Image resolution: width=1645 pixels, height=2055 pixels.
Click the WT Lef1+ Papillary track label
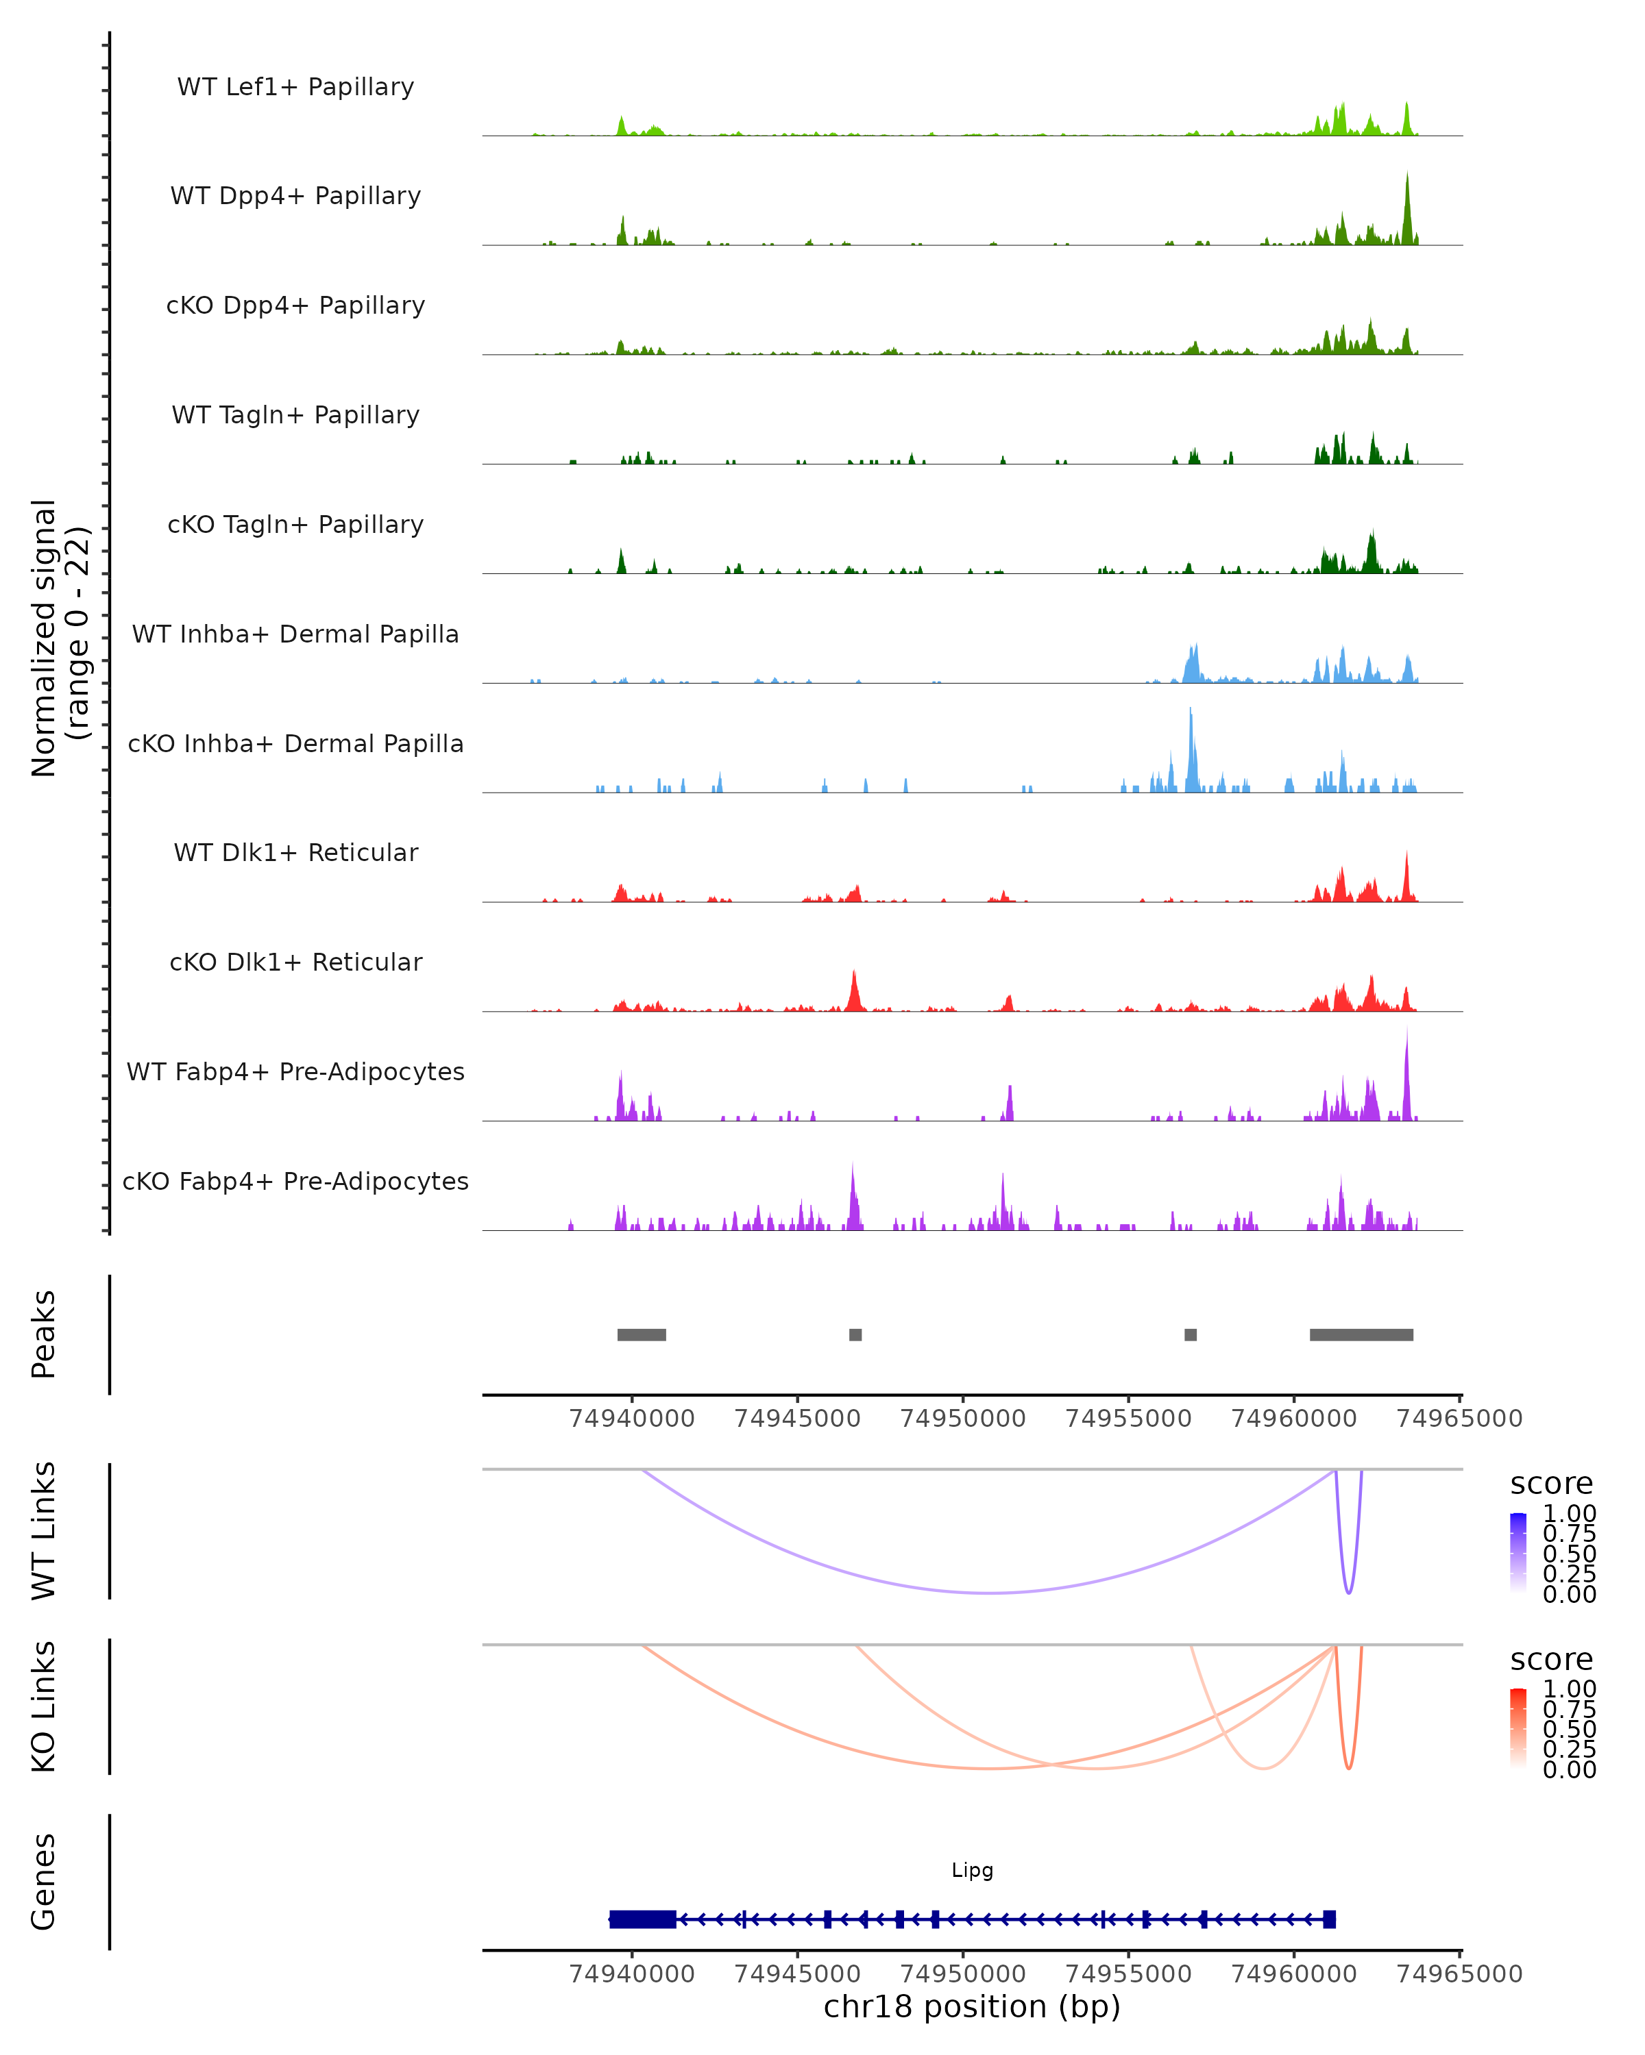click(x=295, y=87)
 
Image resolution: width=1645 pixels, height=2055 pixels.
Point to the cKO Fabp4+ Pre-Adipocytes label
click(x=295, y=1181)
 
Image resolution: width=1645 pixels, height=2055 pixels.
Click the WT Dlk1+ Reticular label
click(x=295, y=852)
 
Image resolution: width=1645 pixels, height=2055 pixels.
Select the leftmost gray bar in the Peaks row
click(x=642, y=1334)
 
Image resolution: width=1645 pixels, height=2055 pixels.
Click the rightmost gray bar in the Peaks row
click(x=1361, y=1334)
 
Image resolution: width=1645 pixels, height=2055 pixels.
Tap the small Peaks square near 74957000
click(x=1190, y=1334)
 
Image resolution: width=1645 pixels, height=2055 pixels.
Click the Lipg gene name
click(x=972, y=1870)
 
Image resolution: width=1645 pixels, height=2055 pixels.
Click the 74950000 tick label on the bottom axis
click(x=963, y=1973)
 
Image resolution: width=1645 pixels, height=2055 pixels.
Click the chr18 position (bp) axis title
click(x=972, y=2007)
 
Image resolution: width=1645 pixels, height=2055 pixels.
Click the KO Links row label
click(x=44, y=1706)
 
